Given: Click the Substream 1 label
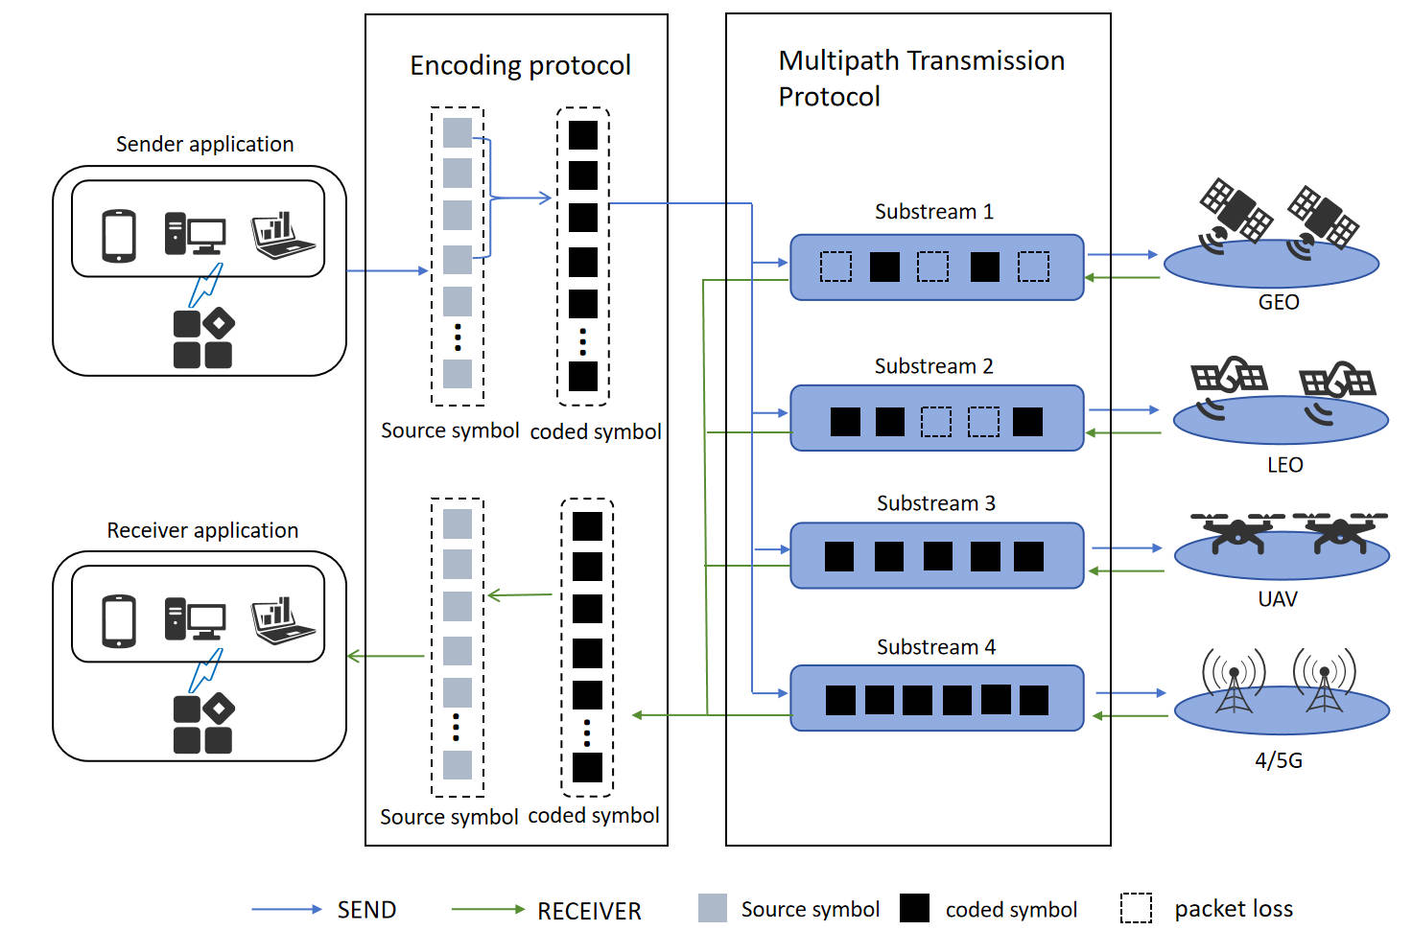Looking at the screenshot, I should [x=933, y=212].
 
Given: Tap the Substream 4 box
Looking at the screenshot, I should [x=936, y=699].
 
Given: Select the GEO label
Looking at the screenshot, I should [x=1279, y=303].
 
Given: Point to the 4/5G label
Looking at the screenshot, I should [x=1279, y=761].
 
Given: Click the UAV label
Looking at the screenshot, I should [x=1278, y=600].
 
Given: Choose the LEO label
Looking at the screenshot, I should [x=1284, y=466].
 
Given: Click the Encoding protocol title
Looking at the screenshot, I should [x=520, y=66].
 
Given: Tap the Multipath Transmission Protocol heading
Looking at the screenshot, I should [x=921, y=79].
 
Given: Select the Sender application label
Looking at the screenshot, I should [x=204, y=145].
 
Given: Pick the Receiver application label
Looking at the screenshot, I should [x=202, y=531].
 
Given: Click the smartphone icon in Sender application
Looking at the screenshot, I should [x=119, y=235].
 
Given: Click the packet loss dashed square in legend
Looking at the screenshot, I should [x=1136, y=908].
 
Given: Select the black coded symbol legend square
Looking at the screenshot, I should [x=914, y=908].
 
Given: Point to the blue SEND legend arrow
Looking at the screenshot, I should [x=287, y=909].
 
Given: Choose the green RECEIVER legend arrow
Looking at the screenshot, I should [x=487, y=909].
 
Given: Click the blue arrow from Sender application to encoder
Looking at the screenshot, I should [x=387, y=271].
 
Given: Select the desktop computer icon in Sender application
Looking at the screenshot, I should [x=194, y=234].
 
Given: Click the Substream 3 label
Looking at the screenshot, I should [x=935, y=504].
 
